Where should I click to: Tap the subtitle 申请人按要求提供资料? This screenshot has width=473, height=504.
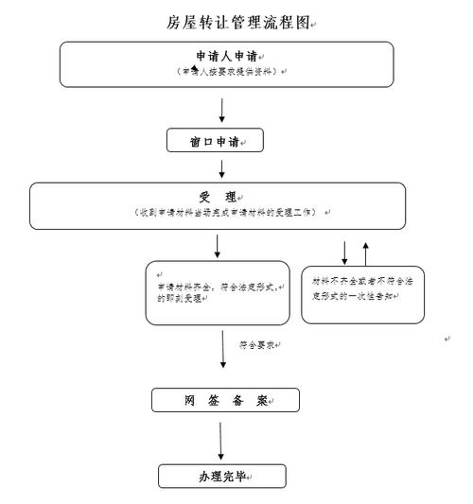[x=227, y=72]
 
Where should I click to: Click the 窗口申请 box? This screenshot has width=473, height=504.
[x=215, y=141]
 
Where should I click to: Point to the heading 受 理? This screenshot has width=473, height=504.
[x=217, y=197]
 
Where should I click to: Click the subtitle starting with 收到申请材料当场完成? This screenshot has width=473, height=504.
[x=228, y=212]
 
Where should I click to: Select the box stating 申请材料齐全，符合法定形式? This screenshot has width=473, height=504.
[x=216, y=292]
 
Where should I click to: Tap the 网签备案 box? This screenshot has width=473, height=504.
[x=225, y=400]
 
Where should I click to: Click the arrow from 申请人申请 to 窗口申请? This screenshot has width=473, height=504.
[x=221, y=108]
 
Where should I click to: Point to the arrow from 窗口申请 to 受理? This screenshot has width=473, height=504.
[x=221, y=168]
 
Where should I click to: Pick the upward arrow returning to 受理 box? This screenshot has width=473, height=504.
[x=366, y=252]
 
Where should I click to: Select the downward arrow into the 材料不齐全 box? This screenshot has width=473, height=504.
[x=343, y=252]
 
